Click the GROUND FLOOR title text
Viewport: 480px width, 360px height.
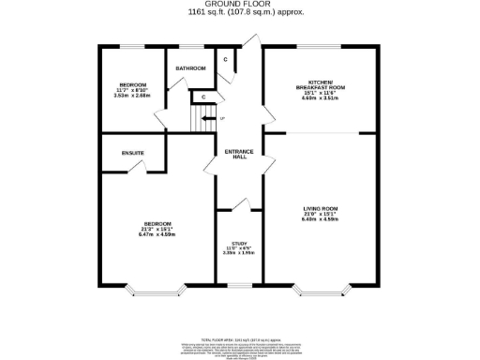(239, 5)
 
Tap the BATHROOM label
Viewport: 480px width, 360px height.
(191, 68)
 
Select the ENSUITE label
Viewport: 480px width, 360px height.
(132, 153)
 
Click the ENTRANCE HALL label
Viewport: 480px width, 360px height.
(240, 156)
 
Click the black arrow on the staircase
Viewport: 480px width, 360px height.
(207, 118)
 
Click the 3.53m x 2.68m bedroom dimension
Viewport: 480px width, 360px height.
(131, 94)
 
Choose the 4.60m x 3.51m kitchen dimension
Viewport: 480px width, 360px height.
(320, 97)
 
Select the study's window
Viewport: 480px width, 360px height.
(240, 285)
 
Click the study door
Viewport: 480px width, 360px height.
(240, 204)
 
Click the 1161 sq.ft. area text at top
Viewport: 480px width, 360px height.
(239, 14)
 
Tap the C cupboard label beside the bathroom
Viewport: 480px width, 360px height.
(225, 59)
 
